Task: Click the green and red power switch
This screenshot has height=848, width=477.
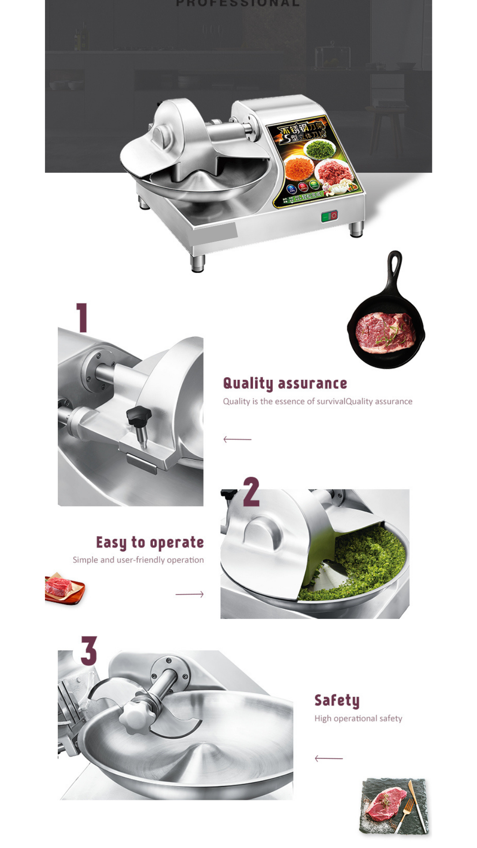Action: tap(329, 216)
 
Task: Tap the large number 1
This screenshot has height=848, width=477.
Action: tap(82, 318)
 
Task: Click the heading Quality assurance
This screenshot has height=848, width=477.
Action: tap(285, 383)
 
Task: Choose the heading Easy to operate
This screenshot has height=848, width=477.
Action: tap(150, 542)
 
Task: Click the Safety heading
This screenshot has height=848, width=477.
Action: tap(337, 700)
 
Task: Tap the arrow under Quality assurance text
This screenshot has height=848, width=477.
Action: tap(237, 439)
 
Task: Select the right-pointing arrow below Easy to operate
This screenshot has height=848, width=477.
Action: tap(189, 594)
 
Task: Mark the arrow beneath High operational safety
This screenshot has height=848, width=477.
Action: tap(329, 758)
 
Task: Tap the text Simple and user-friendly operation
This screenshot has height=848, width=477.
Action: tap(138, 560)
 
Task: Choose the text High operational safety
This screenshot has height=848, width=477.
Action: tap(358, 719)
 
